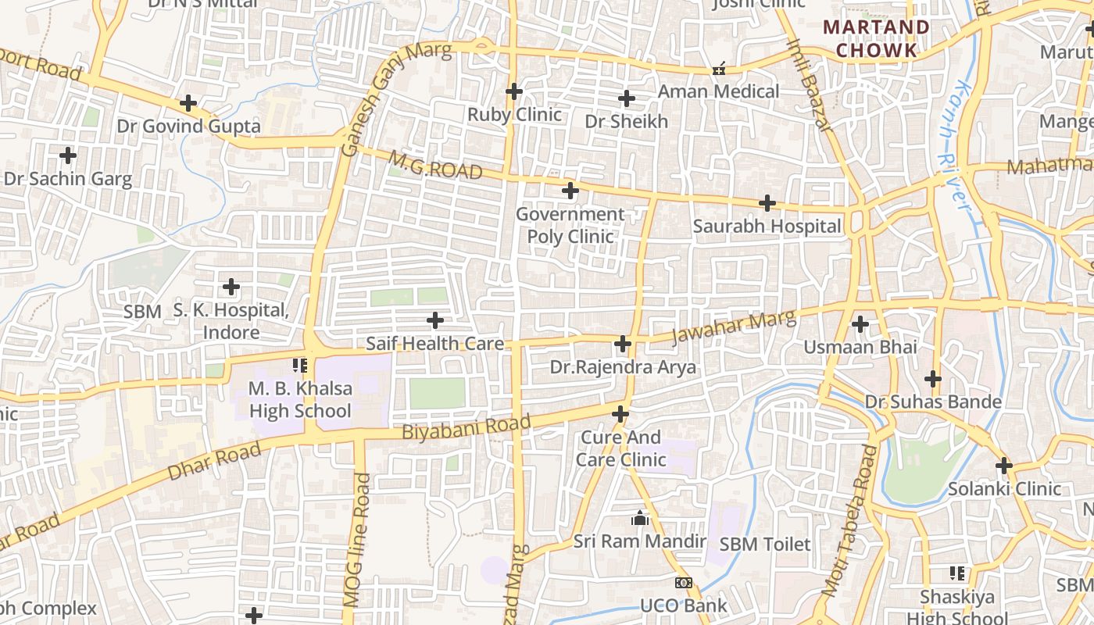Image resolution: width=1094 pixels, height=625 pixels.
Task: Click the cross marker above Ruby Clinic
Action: pos(513,91)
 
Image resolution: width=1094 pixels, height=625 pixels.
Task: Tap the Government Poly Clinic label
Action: pos(570,225)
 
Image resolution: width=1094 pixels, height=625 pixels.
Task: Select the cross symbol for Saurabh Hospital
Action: pos(767,204)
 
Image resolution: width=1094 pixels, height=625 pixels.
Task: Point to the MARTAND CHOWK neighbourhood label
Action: pos(877,39)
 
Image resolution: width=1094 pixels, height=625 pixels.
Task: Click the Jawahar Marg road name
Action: pos(734,329)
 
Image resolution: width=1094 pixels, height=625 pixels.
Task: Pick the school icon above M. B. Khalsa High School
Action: pos(300,365)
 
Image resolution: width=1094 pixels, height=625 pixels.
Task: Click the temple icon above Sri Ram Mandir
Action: pos(640,518)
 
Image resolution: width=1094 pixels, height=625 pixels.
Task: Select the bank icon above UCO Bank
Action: pos(683,583)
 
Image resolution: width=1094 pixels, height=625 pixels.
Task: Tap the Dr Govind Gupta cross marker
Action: pos(188,103)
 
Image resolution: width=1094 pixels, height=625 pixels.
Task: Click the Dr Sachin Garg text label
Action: pos(68,179)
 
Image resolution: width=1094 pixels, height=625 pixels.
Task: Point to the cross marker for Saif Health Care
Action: pos(435,320)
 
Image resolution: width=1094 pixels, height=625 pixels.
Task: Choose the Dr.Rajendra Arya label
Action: pos(623,367)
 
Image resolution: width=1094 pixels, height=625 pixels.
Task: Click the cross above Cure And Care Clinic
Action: pos(620,413)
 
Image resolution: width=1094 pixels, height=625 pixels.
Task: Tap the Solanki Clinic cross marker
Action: pos(1004,466)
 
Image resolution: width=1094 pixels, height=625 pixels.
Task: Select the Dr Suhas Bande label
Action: pos(933,402)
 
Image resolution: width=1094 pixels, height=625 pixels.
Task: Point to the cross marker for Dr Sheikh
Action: pos(626,98)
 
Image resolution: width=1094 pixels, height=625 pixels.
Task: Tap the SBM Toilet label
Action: pos(765,545)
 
